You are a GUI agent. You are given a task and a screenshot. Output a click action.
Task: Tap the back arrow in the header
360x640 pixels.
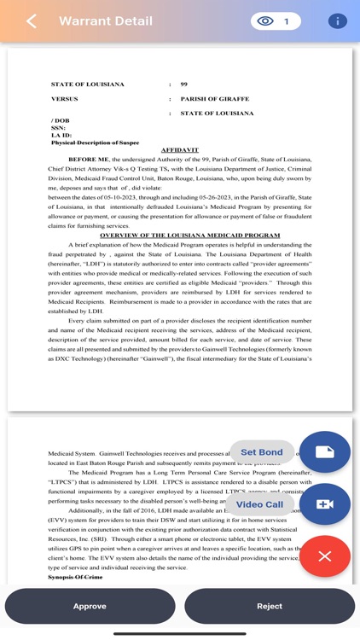pyautogui.click(x=32, y=21)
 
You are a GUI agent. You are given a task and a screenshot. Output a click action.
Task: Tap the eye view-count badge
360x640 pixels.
pyautogui.click(x=276, y=21)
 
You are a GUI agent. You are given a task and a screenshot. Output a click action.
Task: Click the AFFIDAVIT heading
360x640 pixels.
pyautogui.click(x=179, y=150)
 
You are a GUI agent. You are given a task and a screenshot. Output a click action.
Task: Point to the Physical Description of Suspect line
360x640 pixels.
pyautogui.click(x=95, y=143)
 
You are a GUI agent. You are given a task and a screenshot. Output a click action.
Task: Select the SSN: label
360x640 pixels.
pyautogui.click(x=59, y=128)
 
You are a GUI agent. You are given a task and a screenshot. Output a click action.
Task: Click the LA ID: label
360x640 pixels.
pyautogui.click(x=61, y=136)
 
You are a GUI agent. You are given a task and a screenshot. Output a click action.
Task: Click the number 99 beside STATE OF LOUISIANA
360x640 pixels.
pyautogui.click(x=183, y=84)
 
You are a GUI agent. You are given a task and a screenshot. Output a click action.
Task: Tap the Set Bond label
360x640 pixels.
pyautogui.click(x=261, y=452)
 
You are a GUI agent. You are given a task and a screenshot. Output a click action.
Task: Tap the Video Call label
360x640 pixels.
pyautogui.click(x=259, y=504)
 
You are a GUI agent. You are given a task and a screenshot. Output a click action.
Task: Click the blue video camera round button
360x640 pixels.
pyautogui.click(x=324, y=504)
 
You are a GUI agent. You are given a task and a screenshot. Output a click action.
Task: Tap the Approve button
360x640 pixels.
pyautogui.click(x=90, y=606)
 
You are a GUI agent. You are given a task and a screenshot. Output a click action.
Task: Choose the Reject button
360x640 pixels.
pyautogui.click(x=270, y=606)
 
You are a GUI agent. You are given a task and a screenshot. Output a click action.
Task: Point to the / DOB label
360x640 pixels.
pyautogui.click(x=61, y=120)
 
